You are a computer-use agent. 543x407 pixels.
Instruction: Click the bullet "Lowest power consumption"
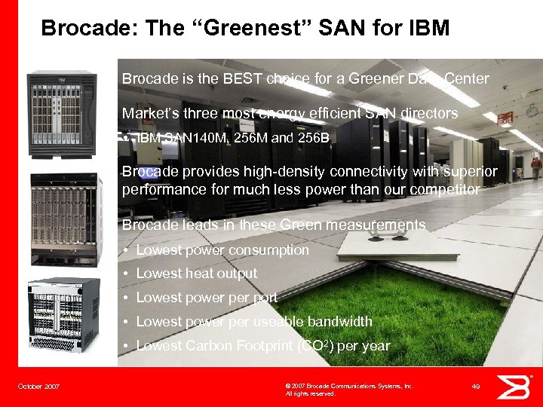(222, 249)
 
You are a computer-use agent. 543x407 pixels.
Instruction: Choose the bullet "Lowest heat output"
(196, 274)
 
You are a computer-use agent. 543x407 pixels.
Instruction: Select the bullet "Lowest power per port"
(207, 298)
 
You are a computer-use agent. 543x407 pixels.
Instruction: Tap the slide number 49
(476, 387)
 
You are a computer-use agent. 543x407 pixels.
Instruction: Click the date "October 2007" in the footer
(38, 387)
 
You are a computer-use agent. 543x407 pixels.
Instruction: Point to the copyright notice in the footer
(349, 389)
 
